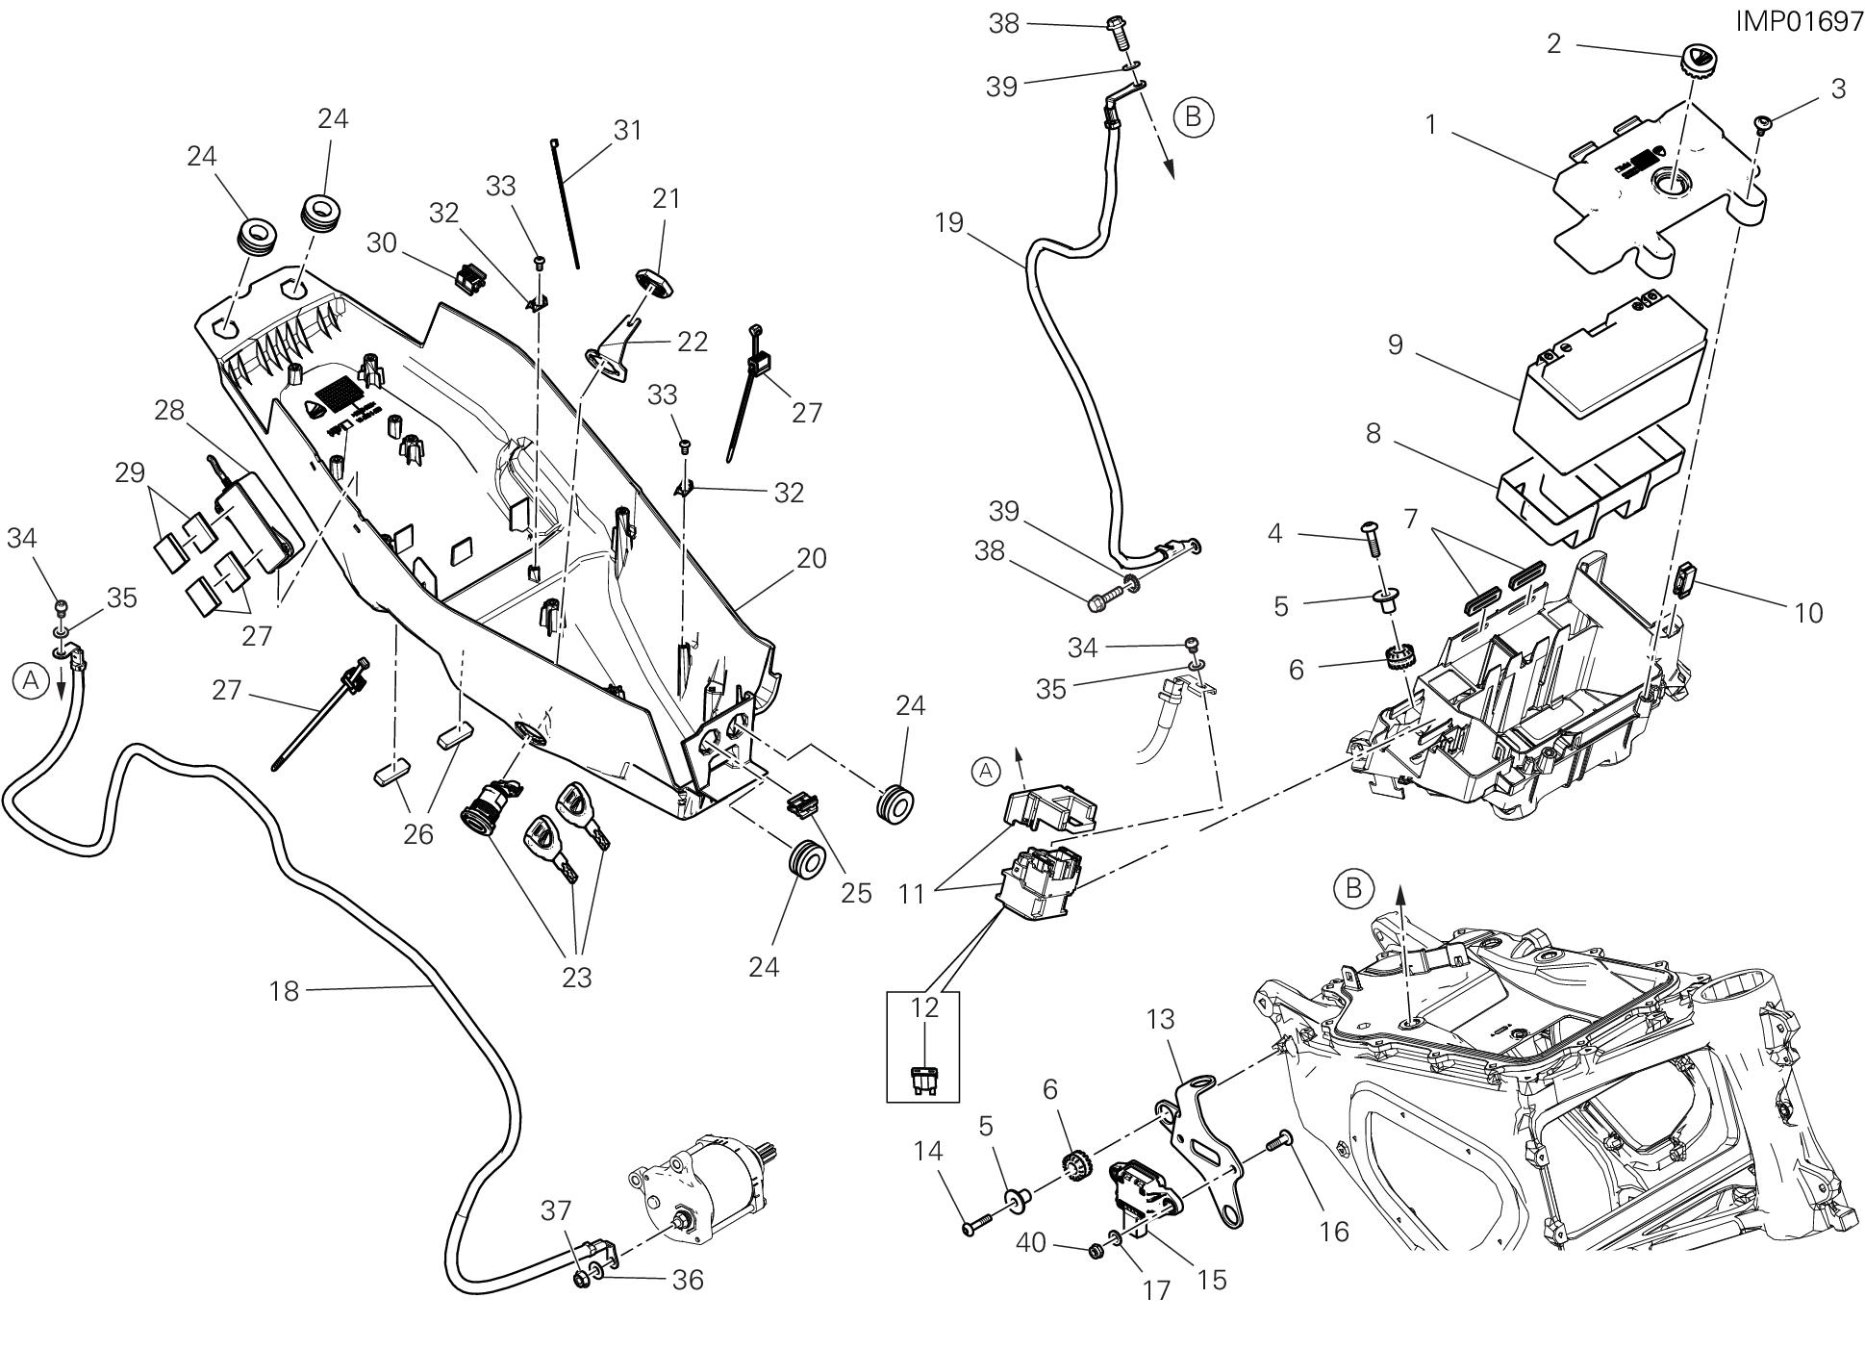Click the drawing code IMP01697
point(1799,22)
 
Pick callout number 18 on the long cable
point(286,991)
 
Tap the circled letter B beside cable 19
point(1194,116)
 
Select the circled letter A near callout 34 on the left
point(31,681)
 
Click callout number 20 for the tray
point(812,559)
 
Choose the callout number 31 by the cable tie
point(627,130)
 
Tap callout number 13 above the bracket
point(1162,1019)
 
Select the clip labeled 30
point(468,278)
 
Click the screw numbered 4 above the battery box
point(1372,537)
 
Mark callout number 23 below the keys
point(576,978)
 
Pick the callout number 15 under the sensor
point(1212,1280)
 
